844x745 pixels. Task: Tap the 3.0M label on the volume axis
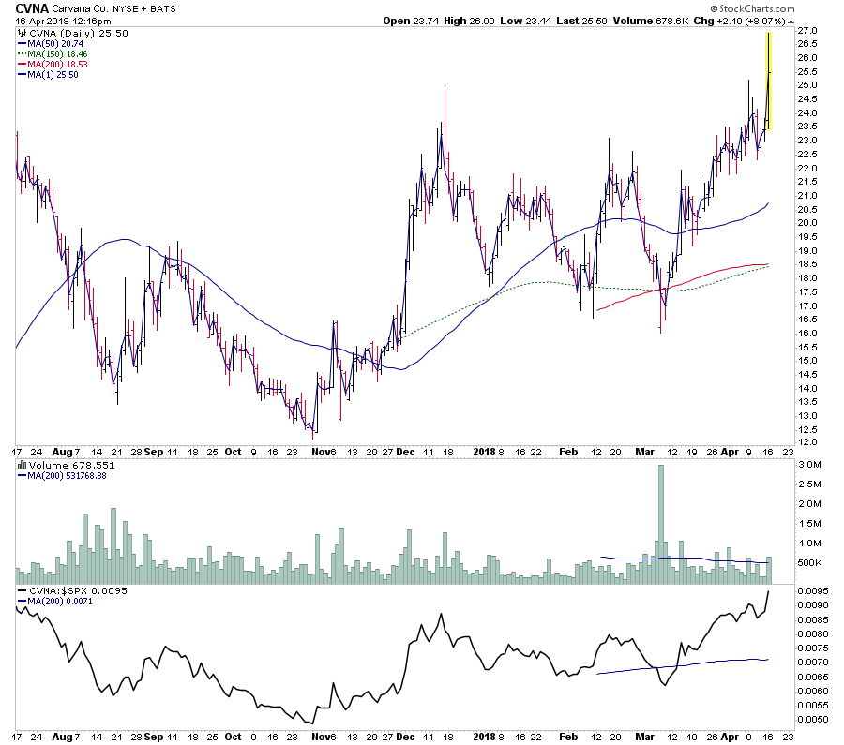coord(810,465)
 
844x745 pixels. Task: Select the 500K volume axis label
coord(810,563)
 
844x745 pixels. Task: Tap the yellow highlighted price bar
coord(769,81)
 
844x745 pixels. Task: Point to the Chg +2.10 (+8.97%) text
coord(746,21)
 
